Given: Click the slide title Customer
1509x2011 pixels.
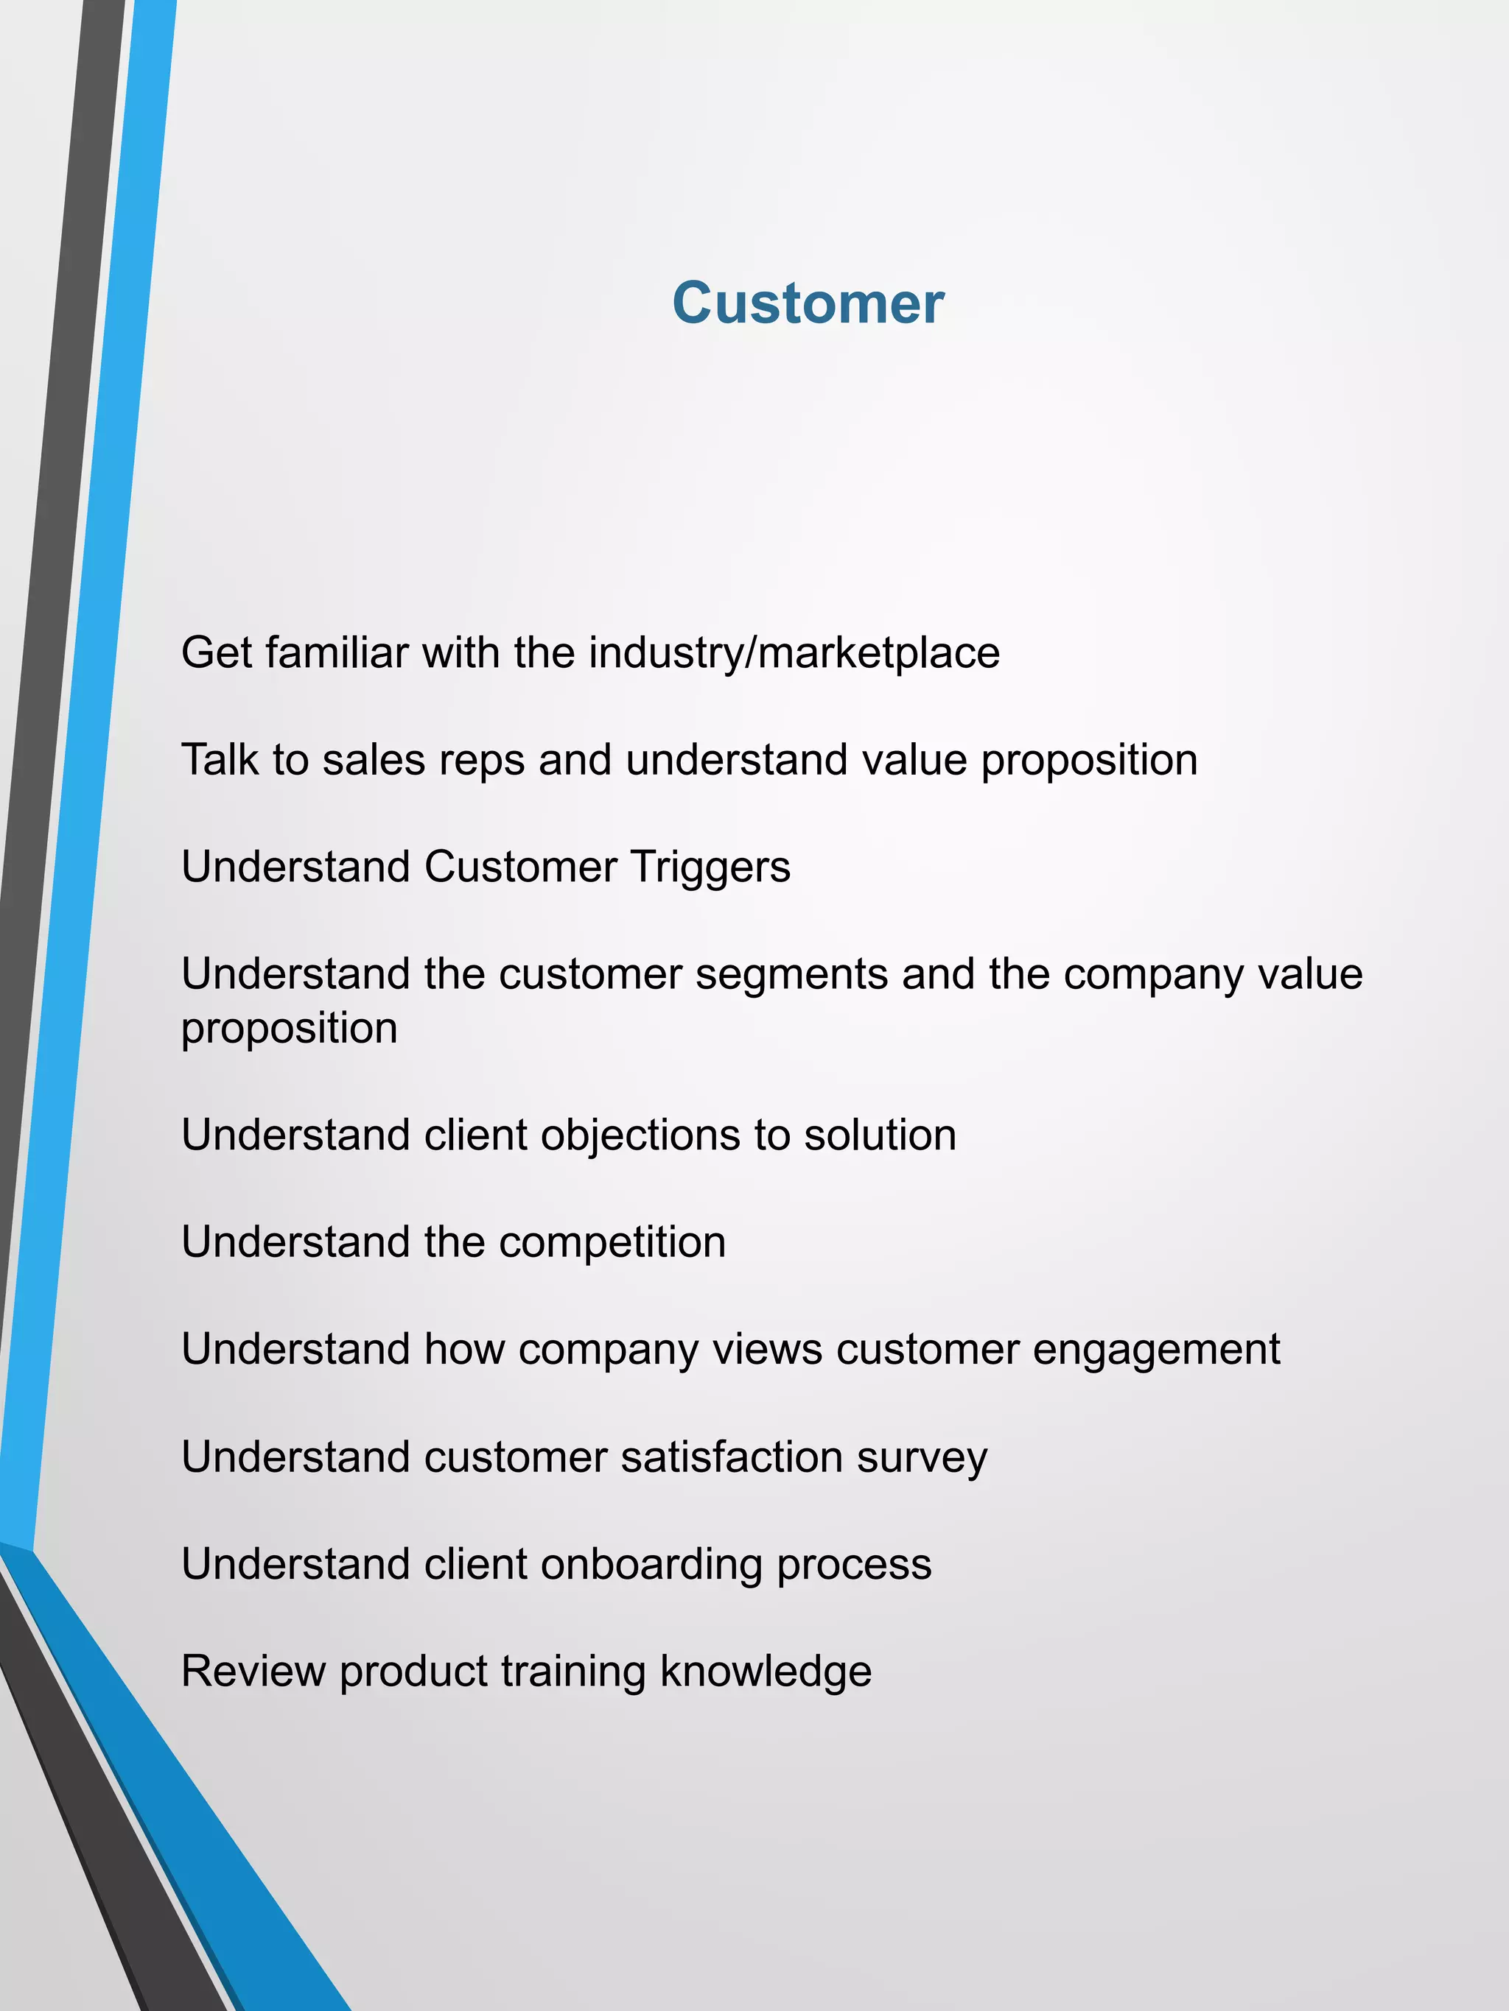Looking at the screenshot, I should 808,303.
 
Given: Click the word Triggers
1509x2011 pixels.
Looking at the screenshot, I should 710,867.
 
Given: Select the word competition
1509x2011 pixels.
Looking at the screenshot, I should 612,1243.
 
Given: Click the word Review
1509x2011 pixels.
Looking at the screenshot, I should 253,1671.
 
